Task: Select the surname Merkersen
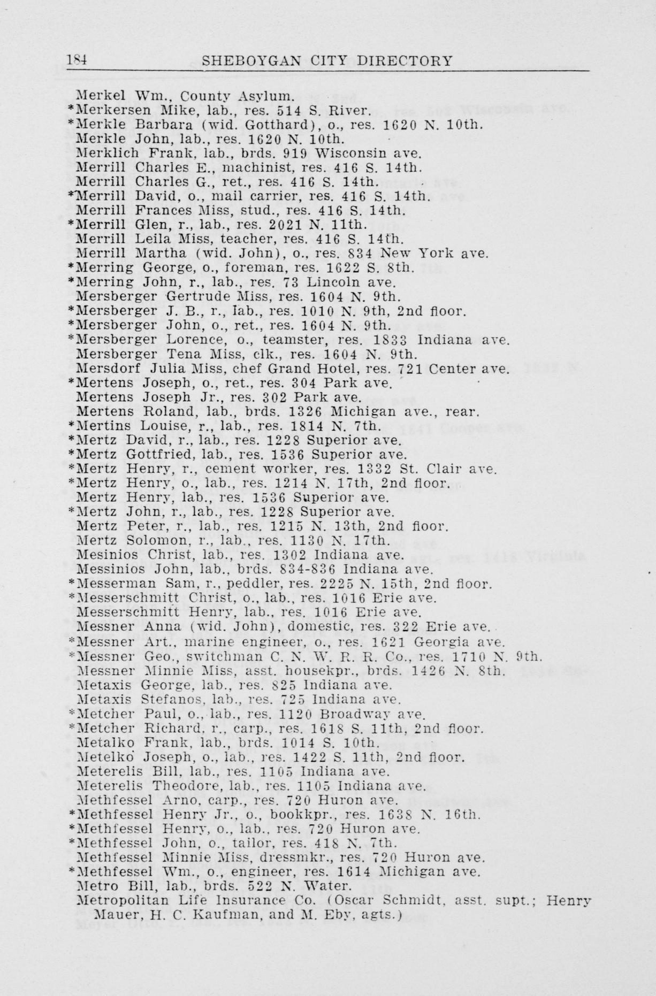[x=113, y=111]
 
